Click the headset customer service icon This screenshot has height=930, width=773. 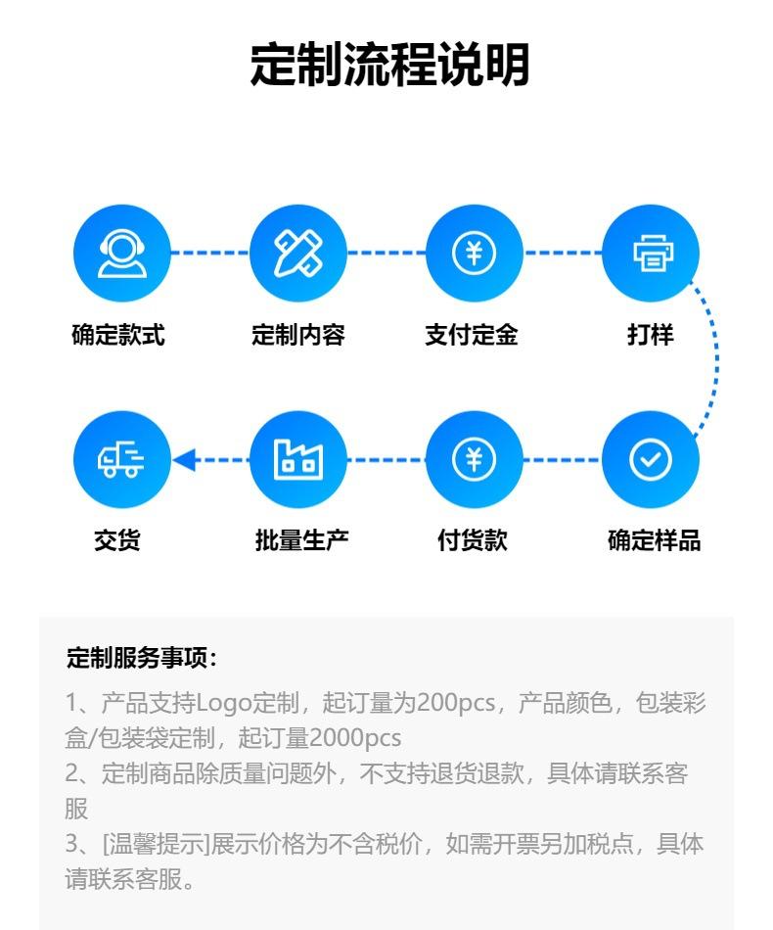coord(122,254)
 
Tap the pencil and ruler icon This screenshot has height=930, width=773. coord(298,254)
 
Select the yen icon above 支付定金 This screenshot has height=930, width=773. coord(475,254)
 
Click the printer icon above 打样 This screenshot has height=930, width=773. coord(651,254)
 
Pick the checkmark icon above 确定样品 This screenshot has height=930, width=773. coord(651,459)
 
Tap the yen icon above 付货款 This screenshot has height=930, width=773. coord(475,459)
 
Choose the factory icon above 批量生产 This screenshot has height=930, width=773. coord(298,459)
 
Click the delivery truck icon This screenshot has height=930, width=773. coord(122,459)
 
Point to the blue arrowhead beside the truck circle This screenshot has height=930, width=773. coord(184,459)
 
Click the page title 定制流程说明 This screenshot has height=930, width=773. coord(388,66)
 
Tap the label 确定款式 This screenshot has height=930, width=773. coord(118,336)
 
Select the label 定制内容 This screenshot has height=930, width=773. coord(298,336)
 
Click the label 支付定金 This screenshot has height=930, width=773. coord(472,336)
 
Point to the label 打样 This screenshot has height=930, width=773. coord(651,336)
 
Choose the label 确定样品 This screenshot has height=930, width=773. coord(654,540)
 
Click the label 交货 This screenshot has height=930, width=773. coord(117,540)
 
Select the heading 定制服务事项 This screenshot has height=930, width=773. coord(141,658)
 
